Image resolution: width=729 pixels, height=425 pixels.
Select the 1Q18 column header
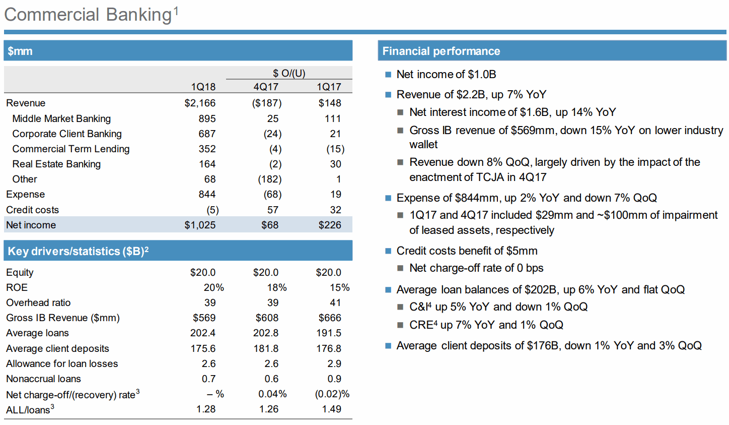203,87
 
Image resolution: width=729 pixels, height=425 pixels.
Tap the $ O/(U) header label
289,73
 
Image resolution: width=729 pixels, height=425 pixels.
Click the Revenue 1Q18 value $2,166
200,103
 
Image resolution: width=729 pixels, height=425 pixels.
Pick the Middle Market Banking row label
61,118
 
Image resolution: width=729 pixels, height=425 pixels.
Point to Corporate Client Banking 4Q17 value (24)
272,134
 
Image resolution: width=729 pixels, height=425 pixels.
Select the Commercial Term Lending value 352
207,149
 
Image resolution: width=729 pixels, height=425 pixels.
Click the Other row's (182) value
270,179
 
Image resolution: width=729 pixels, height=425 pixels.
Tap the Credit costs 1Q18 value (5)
212,210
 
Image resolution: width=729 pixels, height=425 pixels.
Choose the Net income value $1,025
200,225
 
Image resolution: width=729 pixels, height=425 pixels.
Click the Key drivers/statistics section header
78,251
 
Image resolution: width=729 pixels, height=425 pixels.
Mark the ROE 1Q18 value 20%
214,287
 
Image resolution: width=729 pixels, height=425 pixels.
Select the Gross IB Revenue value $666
330,318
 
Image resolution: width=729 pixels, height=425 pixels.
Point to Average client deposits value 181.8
266,348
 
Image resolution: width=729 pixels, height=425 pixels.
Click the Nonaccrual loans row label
43,379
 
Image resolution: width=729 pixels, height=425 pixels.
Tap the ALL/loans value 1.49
332,409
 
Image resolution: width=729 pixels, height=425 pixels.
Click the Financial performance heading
441,51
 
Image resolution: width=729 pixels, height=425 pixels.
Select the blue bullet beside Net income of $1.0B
388,75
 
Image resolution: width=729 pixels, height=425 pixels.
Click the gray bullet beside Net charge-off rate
400,268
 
